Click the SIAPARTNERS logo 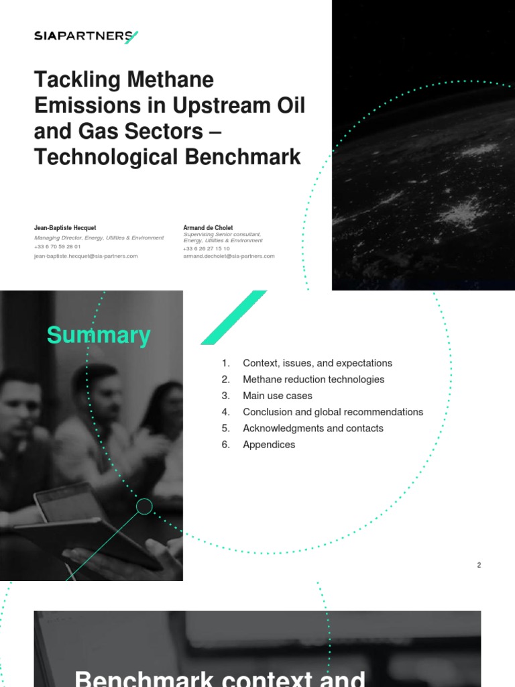(x=86, y=36)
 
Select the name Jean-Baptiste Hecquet (x=65, y=228)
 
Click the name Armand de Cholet (x=208, y=228)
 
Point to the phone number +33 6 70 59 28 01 (x=57, y=247)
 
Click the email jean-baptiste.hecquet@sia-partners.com (x=86, y=256)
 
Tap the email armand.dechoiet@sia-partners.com (x=229, y=256)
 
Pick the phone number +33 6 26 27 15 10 (x=207, y=249)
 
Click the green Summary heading (x=99, y=335)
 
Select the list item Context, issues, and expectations (x=317, y=363)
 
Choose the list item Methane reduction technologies (x=313, y=380)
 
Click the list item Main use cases (x=277, y=396)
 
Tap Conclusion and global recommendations (x=333, y=412)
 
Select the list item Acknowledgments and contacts (x=312, y=428)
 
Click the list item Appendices (x=268, y=445)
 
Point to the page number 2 (x=479, y=565)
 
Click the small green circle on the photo (x=144, y=507)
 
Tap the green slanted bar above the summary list (x=233, y=317)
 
